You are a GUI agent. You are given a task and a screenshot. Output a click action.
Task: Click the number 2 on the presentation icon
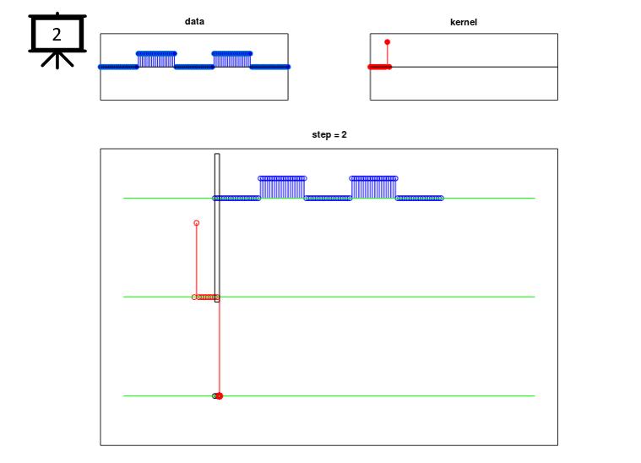click(57, 35)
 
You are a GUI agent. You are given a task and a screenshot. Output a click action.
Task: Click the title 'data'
click(194, 21)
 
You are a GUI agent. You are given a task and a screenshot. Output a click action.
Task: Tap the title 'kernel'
click(464, 22)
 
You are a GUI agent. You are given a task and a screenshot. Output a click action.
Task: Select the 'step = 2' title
click(329, 134)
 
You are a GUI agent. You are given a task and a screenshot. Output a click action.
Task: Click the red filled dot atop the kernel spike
click(387, 42)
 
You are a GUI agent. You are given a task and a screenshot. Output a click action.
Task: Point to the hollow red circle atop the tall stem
click(197, 223)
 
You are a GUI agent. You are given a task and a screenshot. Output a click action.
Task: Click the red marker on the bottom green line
click(219, 396)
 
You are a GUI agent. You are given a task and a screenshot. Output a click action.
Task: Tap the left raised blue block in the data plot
click(156, 60)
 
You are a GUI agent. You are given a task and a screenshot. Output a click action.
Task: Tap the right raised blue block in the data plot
click(232, 60)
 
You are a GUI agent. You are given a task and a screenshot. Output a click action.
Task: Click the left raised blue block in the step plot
click(282, 188)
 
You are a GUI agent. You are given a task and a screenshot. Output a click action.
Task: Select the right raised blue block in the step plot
click(373, 188)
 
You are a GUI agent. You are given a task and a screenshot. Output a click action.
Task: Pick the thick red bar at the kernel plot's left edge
click(380, 67)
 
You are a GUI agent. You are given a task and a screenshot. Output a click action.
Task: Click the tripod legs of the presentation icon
click(57, 60)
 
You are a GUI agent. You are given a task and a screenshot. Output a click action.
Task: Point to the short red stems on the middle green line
click(206, 297)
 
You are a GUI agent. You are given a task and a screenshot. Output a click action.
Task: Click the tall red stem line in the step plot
click(197, 259)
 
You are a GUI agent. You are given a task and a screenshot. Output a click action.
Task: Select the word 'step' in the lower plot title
click(321, 135)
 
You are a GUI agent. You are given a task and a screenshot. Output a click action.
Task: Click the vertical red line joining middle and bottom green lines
click(220, 346)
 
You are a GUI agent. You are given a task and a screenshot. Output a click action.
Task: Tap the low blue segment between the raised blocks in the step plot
click(328, 199)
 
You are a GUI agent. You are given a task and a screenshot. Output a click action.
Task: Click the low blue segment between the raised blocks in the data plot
click(194, 67)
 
